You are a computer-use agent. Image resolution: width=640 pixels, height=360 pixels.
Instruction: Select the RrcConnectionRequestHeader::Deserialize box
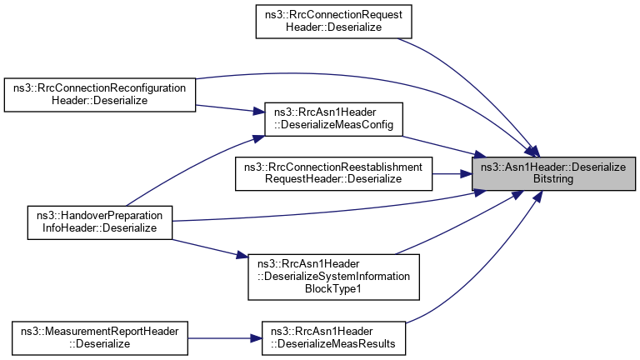[x=333, y=21]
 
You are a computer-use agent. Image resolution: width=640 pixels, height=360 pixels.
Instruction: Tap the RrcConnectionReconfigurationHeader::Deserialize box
[x=100, y=94]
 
